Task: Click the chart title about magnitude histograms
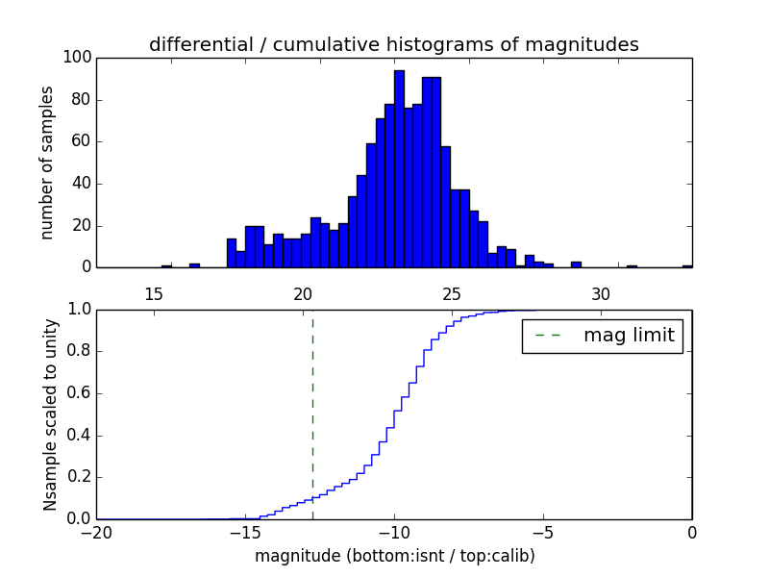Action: click(x=393, y=45)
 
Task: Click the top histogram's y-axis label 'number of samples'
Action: click(x=47, y=163)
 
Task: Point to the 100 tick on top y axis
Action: click(x=78, y=58)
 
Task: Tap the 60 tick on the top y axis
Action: click(x=82, y=141)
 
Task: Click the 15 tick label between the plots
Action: click(x=153, y=293)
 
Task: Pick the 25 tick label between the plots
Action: click(x=452, y=293)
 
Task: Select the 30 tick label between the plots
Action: click(x=601, y=293)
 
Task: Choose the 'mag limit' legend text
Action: click(x=624, y=336)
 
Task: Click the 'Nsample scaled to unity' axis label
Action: click(x=50, y=414)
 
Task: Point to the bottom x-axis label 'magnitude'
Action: click(x=394, y=556)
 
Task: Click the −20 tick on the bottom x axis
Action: click(x=96, y=532)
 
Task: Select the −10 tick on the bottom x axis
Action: click(x=393, y=532)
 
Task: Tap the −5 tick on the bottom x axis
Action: click(x=542, y=532)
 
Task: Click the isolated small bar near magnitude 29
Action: click(x=576, y=264)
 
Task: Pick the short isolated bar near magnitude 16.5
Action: click(x=194, y=265)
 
